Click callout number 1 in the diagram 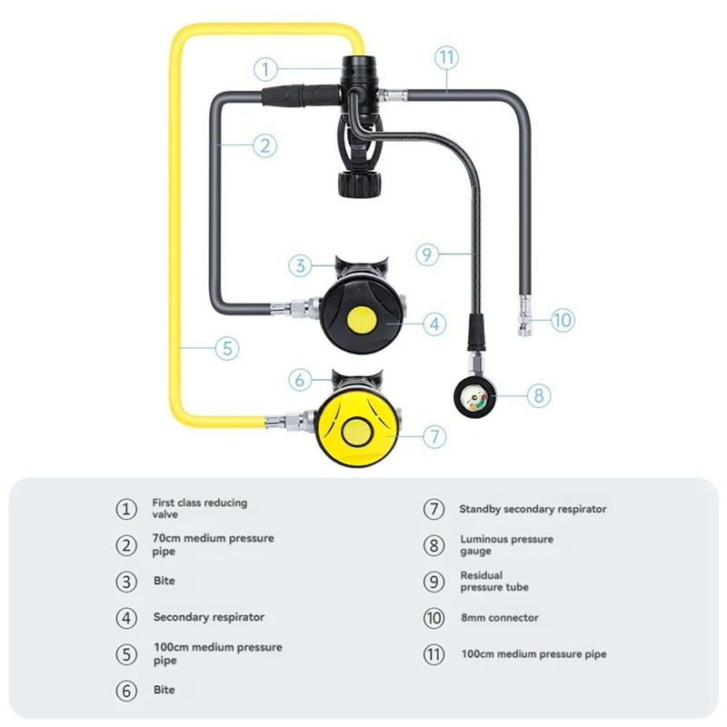264,68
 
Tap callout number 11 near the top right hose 445,57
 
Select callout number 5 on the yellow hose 227,346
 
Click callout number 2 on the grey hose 264,144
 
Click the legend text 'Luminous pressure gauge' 505,544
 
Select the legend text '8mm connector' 499,618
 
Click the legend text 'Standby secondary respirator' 533,509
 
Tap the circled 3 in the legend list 126,581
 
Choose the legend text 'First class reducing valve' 199,508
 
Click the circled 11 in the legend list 434,654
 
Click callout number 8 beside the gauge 538,395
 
